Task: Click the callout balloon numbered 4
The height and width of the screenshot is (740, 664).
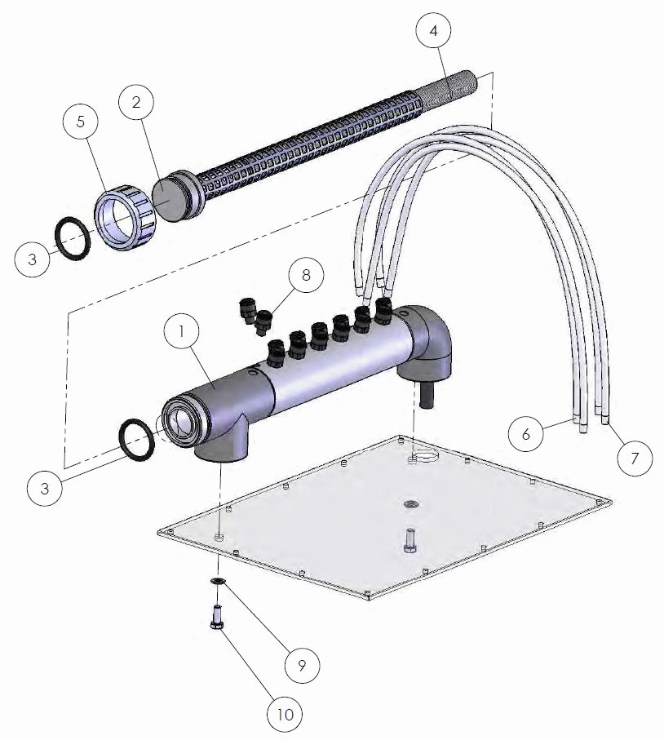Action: point(433,31)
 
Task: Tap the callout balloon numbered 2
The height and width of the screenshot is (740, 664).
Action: point(136,103)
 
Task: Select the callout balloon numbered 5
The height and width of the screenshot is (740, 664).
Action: point(81,122)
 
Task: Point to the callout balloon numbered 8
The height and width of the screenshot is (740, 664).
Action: point(306,275)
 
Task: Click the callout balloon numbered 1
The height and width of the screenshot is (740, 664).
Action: point(181,331)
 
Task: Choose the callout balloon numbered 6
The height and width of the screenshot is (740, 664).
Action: point(526,434)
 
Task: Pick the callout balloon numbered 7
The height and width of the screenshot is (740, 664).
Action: point(635,458)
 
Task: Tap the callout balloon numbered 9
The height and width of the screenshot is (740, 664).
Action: point(302,665)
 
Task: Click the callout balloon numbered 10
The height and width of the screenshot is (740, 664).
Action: point(285,715)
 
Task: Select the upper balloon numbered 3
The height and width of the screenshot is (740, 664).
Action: point(32,259)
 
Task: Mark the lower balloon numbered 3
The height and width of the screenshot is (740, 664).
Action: point(44,488)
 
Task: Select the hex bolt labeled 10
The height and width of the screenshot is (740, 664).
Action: point(217,617)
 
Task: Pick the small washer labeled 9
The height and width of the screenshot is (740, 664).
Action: point(218,581)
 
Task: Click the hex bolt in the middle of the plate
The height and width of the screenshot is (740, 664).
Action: point(409,541)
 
